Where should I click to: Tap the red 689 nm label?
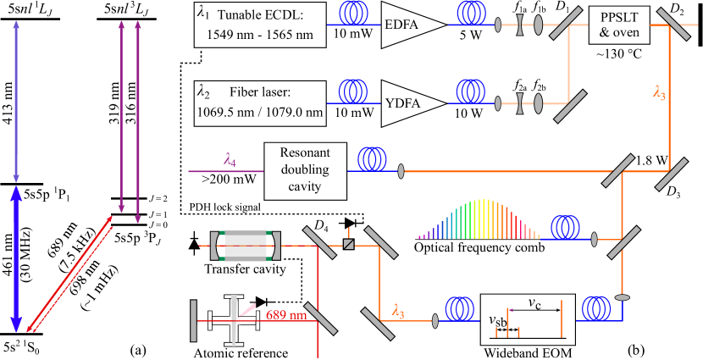[x=286, y=315]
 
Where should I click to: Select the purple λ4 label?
[x=230, y=159]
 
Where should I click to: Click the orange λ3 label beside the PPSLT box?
[x=659, y=94]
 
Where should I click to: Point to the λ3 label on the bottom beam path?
[x=398, y=311]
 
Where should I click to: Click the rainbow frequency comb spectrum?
[x=479, y=220]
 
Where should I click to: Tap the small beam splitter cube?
[x=348, y=244]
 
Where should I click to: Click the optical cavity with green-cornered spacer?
[x=246, y=246]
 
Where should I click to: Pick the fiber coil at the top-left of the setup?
[x=354, y=14]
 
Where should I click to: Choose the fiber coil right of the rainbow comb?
[x=565, y=228]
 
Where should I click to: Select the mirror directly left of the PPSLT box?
[x=566, y=24]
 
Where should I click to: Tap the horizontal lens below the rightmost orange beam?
[x=623, y=297]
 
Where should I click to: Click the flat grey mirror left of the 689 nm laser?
[x=194, y=321]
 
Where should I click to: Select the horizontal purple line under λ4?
[x=225, y=172]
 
